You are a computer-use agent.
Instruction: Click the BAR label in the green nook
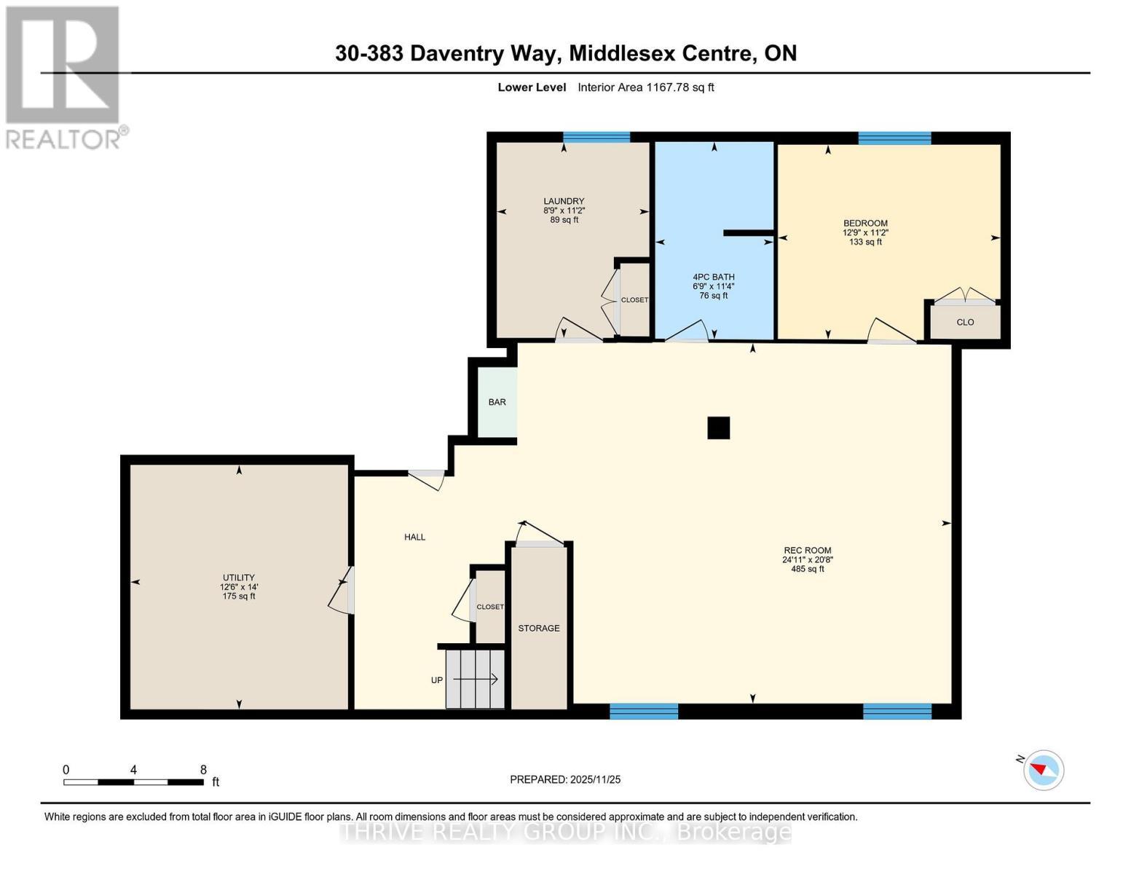497,402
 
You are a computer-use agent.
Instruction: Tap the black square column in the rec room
718,428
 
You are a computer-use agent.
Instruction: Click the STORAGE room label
539,628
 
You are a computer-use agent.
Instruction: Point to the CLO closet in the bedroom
965,322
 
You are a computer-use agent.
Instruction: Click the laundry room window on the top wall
596,137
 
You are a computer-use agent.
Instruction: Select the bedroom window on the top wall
894,138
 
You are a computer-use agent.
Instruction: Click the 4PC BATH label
714,277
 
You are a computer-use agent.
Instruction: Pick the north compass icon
1043,769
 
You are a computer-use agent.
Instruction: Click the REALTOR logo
63,76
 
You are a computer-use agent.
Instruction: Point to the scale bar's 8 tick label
203,769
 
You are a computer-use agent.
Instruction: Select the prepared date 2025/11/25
595,779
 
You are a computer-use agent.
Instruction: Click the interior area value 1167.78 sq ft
679,87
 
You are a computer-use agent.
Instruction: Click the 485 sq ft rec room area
807,569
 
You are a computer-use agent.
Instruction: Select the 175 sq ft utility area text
239,596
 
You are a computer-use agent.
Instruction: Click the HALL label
414,537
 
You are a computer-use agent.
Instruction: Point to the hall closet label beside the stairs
490,607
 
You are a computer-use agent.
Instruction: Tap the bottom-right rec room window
896,711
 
